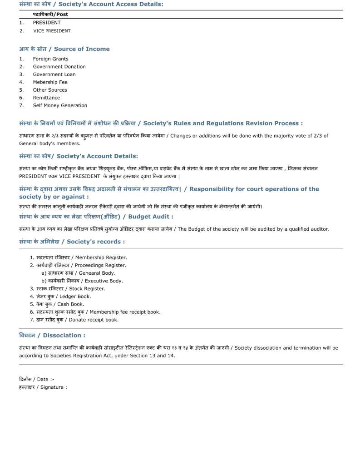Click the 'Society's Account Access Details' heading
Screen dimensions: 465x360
click(91, 4)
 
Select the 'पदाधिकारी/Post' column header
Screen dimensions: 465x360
click(50, 15)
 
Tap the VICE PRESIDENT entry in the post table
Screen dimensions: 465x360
click(52, 31)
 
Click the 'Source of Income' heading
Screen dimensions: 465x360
click(64, 49)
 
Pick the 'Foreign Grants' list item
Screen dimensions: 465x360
click(50, 59)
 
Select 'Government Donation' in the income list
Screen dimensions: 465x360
click(59, 67)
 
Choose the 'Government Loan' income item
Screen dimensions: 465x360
click(54, 74)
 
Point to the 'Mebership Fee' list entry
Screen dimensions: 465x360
click(50, 82)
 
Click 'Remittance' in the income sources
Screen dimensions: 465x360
click(46, 98)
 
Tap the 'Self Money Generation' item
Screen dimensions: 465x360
click(60, 105)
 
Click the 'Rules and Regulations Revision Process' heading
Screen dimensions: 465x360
click(161, 124)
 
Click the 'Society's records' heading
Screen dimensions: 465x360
click(72, 242)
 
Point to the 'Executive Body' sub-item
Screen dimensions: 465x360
click(85, 281)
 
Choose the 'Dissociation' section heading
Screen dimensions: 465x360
click(52, 336)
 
